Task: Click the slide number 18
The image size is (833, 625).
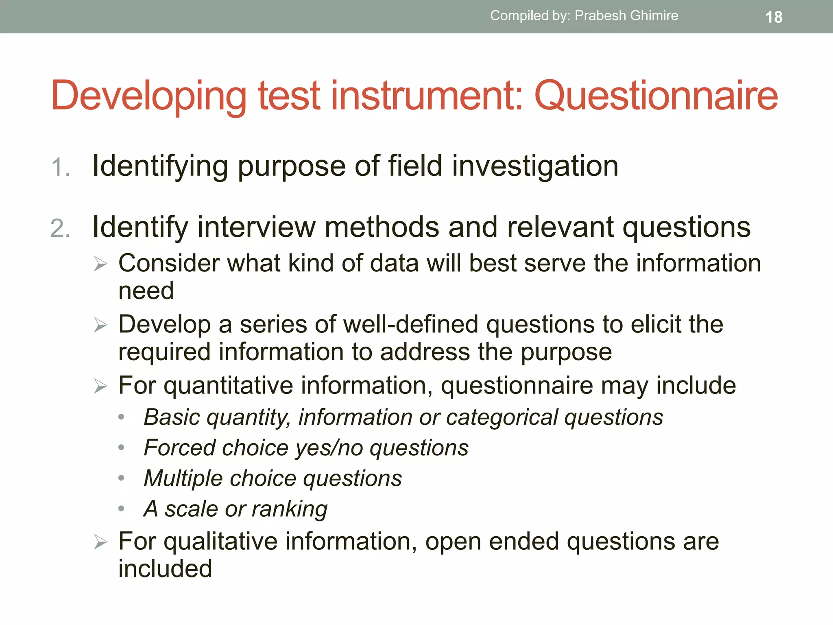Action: point(774,17)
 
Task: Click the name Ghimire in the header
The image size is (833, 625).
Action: point(654,15)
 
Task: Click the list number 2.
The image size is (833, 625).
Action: point(60,228)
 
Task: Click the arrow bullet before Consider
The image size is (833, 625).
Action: point(100,264)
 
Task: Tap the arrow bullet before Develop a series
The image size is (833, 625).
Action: point(100,325)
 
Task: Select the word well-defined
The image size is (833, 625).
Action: point(410,325)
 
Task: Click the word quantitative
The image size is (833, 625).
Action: point(228,386)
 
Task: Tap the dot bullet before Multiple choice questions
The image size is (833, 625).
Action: point(121,478)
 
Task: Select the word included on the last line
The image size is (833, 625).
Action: point(165,569)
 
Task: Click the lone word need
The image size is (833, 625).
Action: point(146,291)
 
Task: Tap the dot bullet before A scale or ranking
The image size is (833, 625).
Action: point(121,509)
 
